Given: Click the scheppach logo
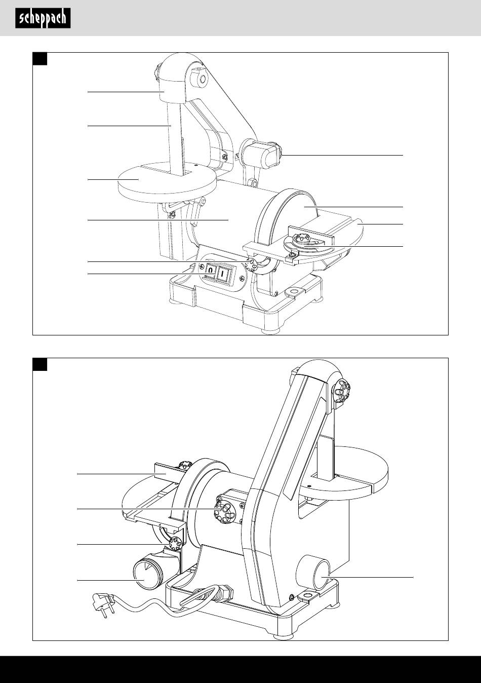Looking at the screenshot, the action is pyautogui.click(x=43, y=19).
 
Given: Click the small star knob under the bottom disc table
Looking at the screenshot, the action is pyautogui.click(x=175, y=545).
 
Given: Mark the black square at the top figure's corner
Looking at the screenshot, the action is pyautogui.click(x=40, y=59).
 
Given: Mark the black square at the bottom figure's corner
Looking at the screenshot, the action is pyautogui.click(x=40, y=364).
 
